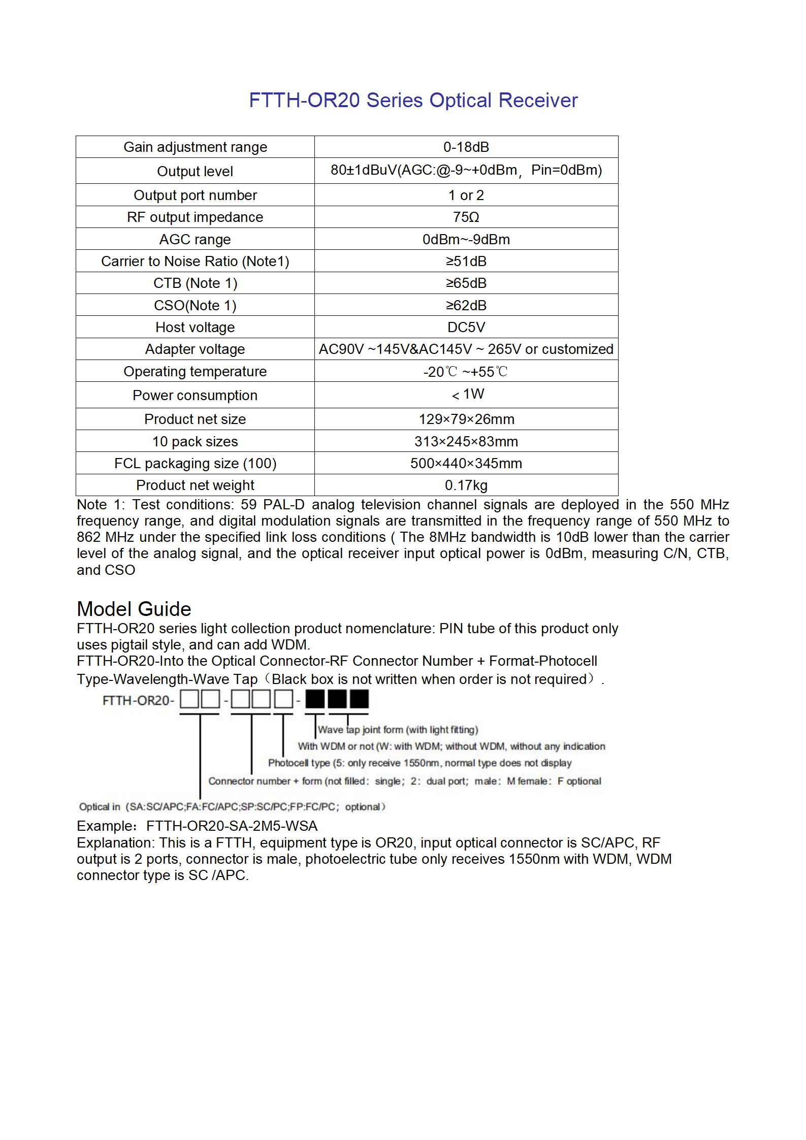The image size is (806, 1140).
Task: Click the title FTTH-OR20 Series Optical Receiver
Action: (413, 101)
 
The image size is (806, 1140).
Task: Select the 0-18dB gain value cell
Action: (466, 147)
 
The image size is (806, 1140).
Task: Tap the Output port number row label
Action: (195, 196)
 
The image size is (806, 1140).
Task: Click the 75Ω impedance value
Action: (466, 217)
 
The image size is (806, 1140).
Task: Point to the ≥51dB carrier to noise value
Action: (466, 262)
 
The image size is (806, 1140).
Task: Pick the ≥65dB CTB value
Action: (466, 283)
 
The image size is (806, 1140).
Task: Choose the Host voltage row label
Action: (195, 328)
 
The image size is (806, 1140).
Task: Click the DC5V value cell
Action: (466, 328)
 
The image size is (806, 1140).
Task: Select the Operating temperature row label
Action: (195, 372)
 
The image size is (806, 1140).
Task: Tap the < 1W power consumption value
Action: (468, 395)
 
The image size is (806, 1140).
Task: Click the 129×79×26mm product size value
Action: (466, 419)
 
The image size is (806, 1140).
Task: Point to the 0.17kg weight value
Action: (466, 485)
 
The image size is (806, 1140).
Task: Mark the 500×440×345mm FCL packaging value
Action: (466, 464)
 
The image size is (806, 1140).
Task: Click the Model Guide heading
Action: (134, 609)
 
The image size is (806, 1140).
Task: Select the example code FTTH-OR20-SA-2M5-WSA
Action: (232, 826)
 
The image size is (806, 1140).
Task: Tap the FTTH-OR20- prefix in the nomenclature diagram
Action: (138, 701)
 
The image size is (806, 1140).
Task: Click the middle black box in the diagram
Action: (337, 699)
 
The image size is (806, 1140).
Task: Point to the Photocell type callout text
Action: (420, 763)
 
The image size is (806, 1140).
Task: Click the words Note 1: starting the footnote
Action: (100, 505)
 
